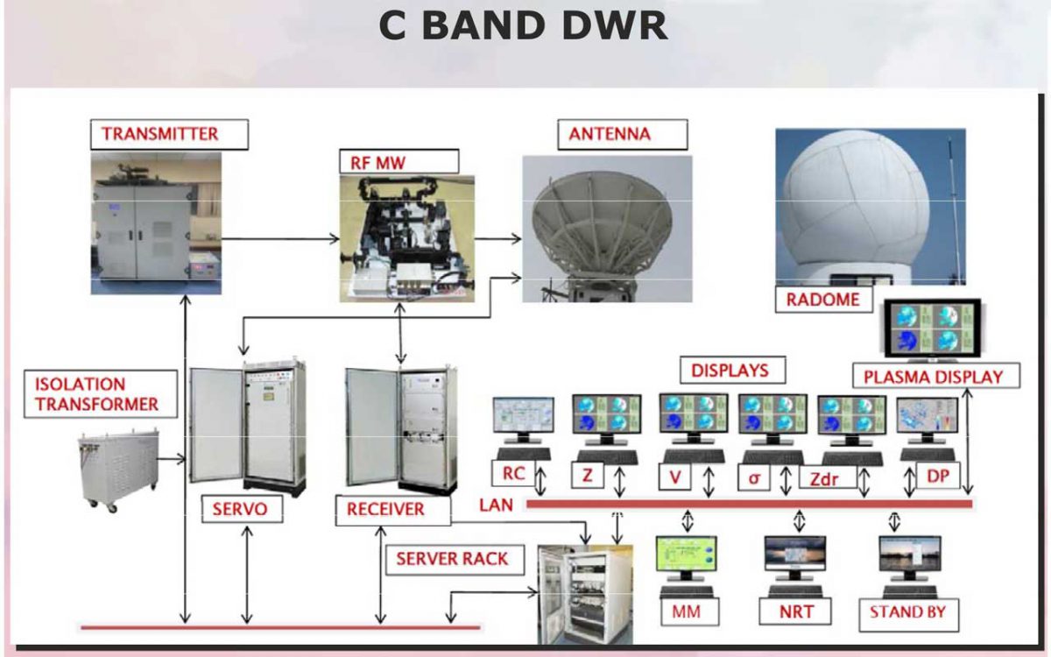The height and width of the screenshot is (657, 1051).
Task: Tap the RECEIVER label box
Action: (385, 510)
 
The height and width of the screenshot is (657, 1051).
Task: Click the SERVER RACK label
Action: (452, 558)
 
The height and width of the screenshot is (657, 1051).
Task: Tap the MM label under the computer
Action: (687, 611)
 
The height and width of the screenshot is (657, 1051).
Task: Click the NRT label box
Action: (796, 611)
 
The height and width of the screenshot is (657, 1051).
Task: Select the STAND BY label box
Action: (907, 611)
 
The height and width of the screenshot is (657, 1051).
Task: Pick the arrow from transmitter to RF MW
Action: (280, 237)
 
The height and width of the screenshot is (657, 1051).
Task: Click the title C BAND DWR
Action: (523, 26)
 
